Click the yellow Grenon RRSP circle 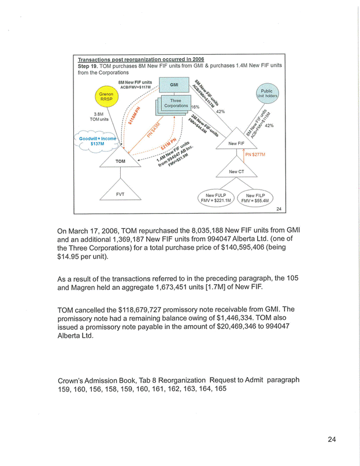point(106,97)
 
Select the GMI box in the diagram point(173,84)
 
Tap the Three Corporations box point(176,103)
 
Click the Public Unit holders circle point(266,94)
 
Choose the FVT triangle point(120,193)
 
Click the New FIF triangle point(236,143)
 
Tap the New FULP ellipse point(216,199)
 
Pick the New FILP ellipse point(258,199)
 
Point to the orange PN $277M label point(255,155)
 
